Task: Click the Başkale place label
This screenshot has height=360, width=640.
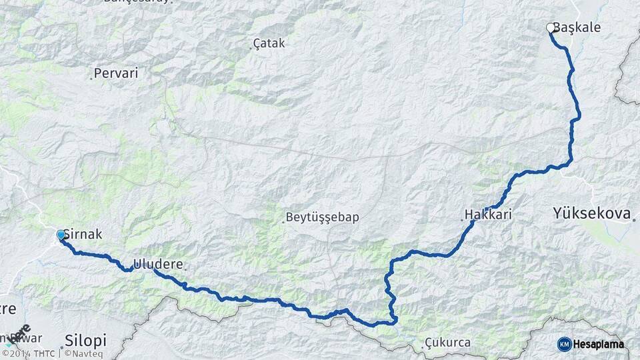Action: pyautogui.click(x=577, y=28)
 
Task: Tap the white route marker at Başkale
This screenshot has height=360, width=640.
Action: pyautogui.click(x=551, y=28)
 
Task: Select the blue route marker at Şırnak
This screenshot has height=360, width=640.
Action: pyautogui.click(x=61, y=235)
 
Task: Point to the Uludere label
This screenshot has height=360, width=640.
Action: pyautogui.click(x=158, y=264)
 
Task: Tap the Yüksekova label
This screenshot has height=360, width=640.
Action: pyautogui.click(x=591, y=213)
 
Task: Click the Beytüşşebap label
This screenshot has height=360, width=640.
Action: pyautogui.click(x=323, y=217)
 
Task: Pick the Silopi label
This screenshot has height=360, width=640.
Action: pyautogui.click(x=86, y=341)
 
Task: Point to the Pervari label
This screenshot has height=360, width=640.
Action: pyautogui.click(x=116, y=73)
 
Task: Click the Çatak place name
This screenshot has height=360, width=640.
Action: pyautogui.click(x=269, y=43)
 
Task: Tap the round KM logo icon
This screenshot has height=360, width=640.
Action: pyautogui.click(x=564, y=343)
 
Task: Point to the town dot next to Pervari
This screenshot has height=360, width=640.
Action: pyautogui.click(x=91, y=79)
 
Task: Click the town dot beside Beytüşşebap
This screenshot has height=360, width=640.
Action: pyautogui.click(x=283, y=222)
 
